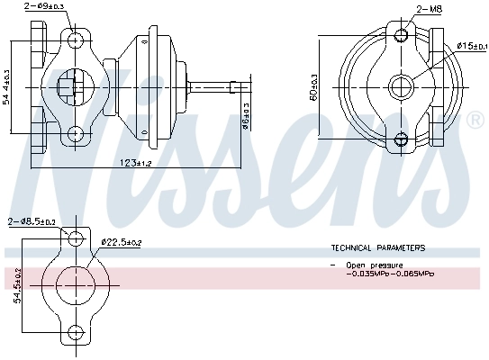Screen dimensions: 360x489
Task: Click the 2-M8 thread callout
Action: (429, 8)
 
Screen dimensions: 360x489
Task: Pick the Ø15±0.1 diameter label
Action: (470, 45)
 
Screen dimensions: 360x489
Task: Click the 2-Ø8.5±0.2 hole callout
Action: (32, 220)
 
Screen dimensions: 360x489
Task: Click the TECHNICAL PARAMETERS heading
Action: (377, 247)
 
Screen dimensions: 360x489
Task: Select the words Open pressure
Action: (373, 265)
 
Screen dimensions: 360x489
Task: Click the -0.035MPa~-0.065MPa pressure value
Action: (389, 274)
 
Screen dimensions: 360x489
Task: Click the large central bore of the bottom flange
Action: (77, 285)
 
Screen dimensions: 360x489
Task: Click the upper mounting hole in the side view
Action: (75, 40)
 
